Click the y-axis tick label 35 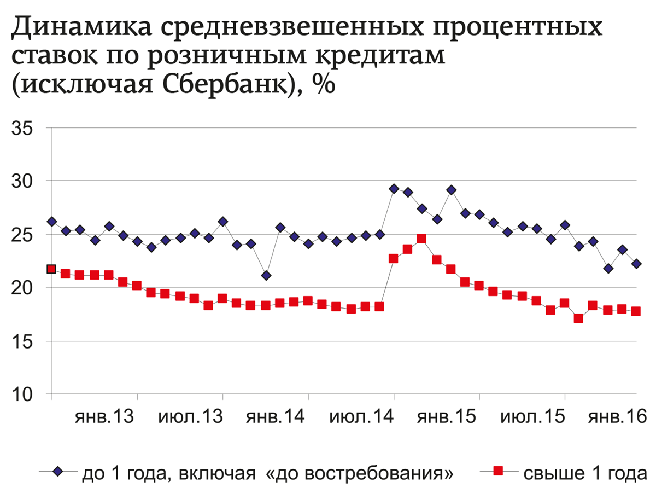pyautogui.click(x=22, y=129)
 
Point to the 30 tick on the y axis pyautogui.click(x=22, y=181)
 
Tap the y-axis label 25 pyautogui.click(x=22, y=235)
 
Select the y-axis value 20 pyautogui.click(x=22, y=288)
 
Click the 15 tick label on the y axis pyautogui.click(x=22, y=341)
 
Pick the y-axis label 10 pyautogui.click(x=22, y=394)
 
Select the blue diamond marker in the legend pyautogui.click(x=58, y=472)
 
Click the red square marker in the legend pyautogui.click(x=497, y=472)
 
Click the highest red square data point pyautogui.click(x=421, y=239)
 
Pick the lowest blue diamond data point pyautogui.click(x=266, y=276)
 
